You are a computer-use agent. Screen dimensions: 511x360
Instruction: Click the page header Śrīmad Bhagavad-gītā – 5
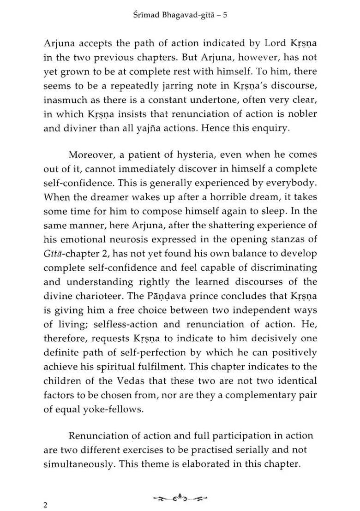pos(180,15)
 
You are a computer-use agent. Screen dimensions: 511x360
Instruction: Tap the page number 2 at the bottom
pos(45,505)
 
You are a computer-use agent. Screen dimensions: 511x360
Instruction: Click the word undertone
pos(198,101)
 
